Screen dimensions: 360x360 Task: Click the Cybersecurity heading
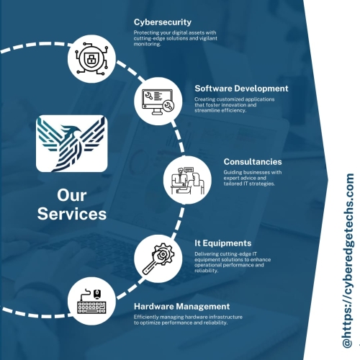click(163, 22)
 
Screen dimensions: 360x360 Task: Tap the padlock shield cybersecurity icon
click(91, 58)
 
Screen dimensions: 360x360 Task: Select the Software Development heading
click(241, 89)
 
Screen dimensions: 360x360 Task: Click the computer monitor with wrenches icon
click(158, 102)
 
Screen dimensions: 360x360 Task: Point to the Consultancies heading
click(253, 162)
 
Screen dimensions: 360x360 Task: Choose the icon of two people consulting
click(187, 181)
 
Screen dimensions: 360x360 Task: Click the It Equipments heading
click(223, 243)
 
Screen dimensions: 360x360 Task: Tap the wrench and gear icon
click(158, 258)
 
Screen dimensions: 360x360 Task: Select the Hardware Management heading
click(181, 307)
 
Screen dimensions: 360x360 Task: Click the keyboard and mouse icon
click(91, 301)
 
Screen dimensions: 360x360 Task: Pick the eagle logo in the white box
click(72, 143)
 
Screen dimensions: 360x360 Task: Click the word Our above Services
click(72, 195)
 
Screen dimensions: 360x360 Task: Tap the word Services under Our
click(72, 214)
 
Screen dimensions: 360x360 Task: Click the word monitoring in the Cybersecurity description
click(147, 44)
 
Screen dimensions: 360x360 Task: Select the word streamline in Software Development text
click(207, 110)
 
